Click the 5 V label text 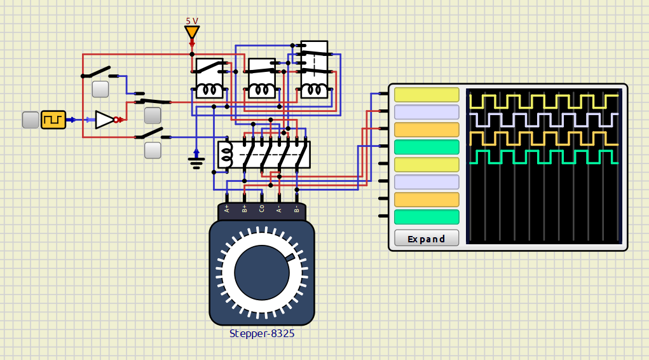192,21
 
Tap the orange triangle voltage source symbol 192,32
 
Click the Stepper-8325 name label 262,333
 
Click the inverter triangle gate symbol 104,120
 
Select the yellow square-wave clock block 53,120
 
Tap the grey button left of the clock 31,120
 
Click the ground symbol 196,160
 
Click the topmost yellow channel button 427,95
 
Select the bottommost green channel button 427,217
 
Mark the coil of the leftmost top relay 209,90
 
